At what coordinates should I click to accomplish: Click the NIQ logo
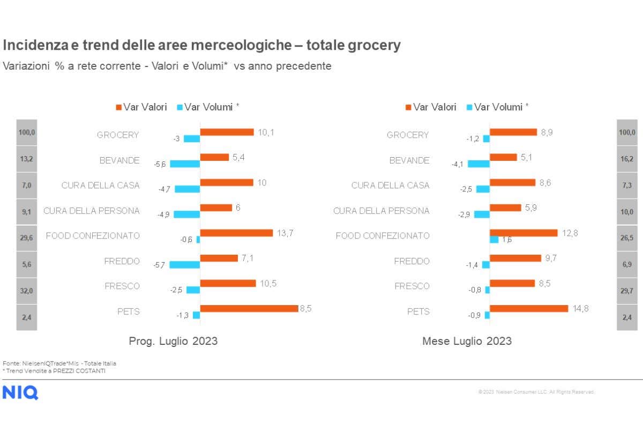tap(20, 393)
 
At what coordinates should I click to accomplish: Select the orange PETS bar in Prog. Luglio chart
tap(249, 308)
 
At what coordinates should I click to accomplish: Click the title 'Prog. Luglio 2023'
tap(173, 341)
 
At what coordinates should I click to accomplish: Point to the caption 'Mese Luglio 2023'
tap(467, 341)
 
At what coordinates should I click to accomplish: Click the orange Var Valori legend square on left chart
tap(118, 107)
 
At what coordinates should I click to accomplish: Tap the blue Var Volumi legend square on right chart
tap(470, 107)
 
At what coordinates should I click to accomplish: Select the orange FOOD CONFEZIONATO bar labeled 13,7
tap(236, 233)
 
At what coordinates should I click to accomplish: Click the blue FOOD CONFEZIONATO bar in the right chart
tap(494, 240)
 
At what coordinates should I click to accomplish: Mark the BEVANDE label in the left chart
tap(119, 160)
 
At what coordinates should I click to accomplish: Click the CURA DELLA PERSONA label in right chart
tap(381, 211)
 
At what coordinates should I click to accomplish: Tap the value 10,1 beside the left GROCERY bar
tap(266, 132)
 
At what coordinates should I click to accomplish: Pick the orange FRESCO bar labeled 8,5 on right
tap(512, 283)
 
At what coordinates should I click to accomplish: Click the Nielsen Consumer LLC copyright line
tap(536, 392)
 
